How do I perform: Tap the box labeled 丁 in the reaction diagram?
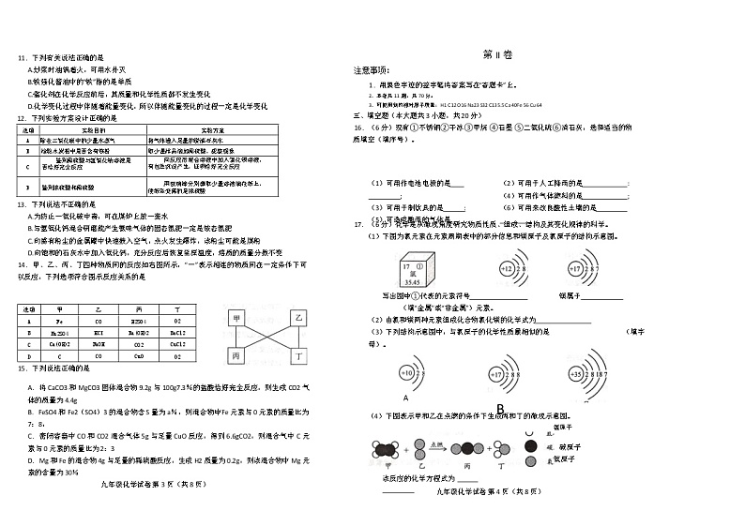[299, 357]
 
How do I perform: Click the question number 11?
[22, 58]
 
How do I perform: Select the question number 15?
[22, 369]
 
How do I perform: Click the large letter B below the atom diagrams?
[500, 408]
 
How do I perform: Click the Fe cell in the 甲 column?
[60, 320]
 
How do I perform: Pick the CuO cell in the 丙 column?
[139, 355]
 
